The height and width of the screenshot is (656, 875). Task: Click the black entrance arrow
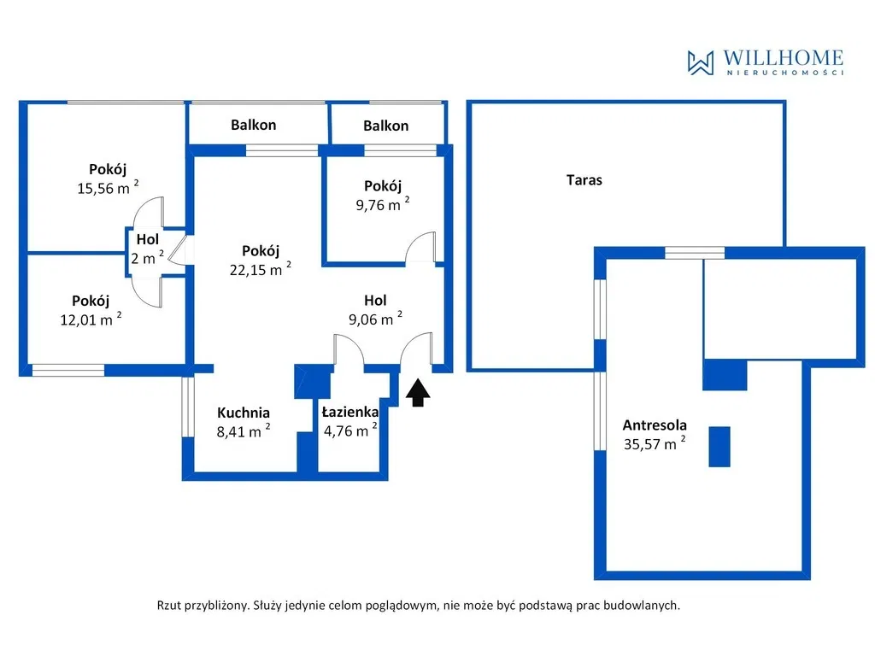[x=418, y=393]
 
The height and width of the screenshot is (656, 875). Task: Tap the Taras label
[x=584, y=180]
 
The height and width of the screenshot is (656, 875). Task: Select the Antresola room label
[x=655, y=425]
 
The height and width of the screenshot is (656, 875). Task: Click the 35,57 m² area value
[x=654, y=443]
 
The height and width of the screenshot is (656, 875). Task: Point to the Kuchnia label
[x=244, y=413]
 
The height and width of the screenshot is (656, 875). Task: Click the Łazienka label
[x=349, y=413]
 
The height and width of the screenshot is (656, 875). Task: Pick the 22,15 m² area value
[x=260, y=269]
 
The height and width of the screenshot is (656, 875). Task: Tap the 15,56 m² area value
[x=108, y=187]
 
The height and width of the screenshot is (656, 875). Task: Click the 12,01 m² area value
[x=91, y=319]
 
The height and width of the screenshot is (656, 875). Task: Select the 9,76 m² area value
[x=383, y=204]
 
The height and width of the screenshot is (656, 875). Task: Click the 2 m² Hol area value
[x=147, y=258]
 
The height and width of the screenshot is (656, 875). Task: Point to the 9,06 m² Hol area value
[x=375, y=319]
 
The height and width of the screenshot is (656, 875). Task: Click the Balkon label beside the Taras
[x=385, y=126]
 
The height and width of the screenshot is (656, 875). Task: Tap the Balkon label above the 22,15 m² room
[x=253, y=125]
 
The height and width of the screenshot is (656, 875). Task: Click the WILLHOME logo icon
[x=701, y=62]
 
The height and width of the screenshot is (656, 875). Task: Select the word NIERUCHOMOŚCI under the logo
[x=785, y=73]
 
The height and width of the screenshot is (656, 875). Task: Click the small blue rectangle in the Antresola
[x=719, y=446]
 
